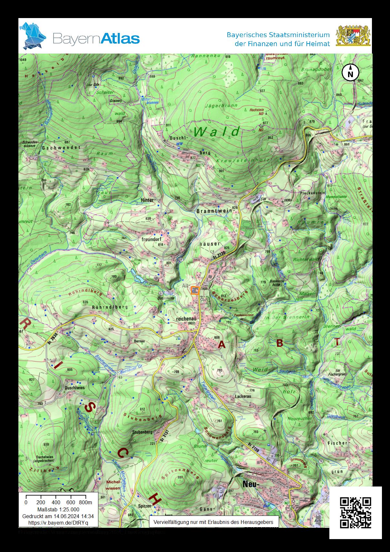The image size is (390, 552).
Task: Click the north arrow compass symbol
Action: point(350,73)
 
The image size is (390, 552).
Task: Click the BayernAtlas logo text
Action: point(96,38)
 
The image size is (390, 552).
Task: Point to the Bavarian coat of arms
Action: point(353,36)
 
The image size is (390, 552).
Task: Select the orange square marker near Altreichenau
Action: point(195,290)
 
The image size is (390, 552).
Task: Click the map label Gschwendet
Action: point(61,147)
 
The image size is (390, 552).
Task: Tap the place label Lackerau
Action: point(243,396)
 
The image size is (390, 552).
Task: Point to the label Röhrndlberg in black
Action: point(110,307)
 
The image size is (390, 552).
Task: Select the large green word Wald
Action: point(217,132)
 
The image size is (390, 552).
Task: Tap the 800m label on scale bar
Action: point(85,502)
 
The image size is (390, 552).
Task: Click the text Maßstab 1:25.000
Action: point(58,509)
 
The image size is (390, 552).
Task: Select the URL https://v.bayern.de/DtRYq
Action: point(58,522)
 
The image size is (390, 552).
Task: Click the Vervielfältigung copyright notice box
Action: point(214,522)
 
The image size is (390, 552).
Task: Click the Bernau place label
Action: point(139,341)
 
